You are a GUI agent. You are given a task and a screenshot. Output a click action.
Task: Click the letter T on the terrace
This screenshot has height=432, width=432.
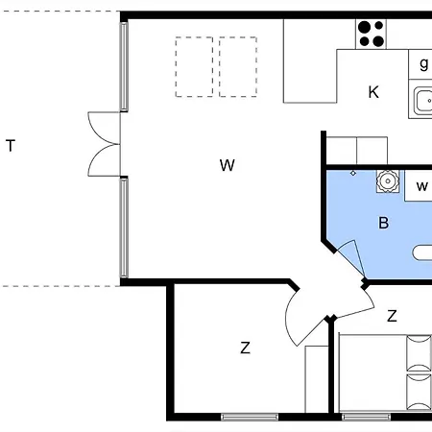click(11, 146)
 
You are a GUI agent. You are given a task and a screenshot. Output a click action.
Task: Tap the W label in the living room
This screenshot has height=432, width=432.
click(227, 165)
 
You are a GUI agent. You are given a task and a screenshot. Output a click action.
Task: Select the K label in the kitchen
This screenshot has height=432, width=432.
click(373, 92)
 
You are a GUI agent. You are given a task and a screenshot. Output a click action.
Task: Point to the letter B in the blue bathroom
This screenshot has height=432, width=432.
click(384, 223)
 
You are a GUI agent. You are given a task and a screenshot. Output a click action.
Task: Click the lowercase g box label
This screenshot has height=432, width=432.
click(423, 64)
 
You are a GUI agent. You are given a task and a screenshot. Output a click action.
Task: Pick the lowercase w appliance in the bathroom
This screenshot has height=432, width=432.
click(421, 185)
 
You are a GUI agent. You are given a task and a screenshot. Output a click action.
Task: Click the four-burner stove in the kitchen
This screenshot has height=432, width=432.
click(372, 34)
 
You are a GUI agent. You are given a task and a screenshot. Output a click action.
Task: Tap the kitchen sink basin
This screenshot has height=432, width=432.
click(422, 100)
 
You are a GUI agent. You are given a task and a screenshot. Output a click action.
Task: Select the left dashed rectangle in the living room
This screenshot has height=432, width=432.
click(195, 66)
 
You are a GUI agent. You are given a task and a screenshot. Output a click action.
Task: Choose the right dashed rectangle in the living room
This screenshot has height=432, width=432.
click(237, 66)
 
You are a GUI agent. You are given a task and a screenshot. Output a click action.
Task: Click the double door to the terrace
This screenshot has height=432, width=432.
click(104, 144)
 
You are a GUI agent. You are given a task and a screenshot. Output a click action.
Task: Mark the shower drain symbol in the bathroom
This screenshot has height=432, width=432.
click(387, 180)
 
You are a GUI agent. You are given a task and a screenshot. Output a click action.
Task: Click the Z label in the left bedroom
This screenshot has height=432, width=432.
click(245, 348)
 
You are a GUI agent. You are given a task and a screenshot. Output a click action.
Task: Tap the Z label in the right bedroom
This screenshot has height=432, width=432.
click(392, 315)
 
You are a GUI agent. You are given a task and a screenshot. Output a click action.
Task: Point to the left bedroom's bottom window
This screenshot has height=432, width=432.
click(250, 417)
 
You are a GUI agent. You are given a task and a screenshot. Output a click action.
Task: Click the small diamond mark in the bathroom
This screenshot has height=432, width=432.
click(353, 173)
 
